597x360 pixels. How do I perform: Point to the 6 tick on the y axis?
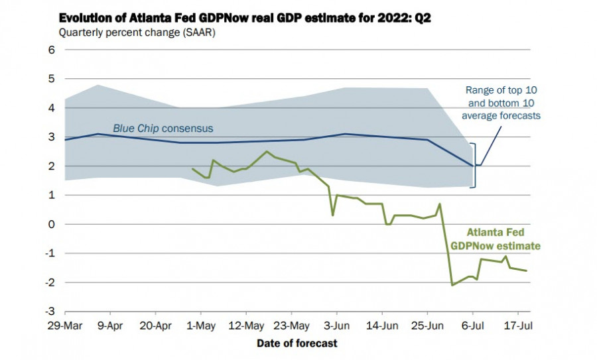pyautogui.click(x=50, y=50)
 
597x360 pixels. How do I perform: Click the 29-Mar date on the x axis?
pyautogui.click(x=64, y=326)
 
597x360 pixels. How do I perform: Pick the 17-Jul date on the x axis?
pyautogui.click(x=517, y=326)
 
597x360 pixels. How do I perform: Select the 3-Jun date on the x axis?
pyautogui.click(x=336, y=326)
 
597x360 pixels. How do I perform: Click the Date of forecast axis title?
pyautogui.click(x=297, y=343)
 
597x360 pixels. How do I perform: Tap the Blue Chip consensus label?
pyautogui.click(x=163, y=129)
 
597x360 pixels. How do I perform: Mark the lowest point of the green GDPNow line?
pyautogui.click(x=452, y=285)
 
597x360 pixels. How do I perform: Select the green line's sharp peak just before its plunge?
pyautogui.click(x=440, y=204)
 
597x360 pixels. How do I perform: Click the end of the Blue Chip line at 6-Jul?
pyautogui.click(x=473, y=166)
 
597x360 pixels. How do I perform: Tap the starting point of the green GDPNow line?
pyautogui.click(x=192, y=169)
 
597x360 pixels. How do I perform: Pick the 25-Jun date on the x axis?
pyautogui.click(x=427, y=326)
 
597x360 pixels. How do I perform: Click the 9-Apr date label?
pyautogui.click(x=110, y=326)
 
